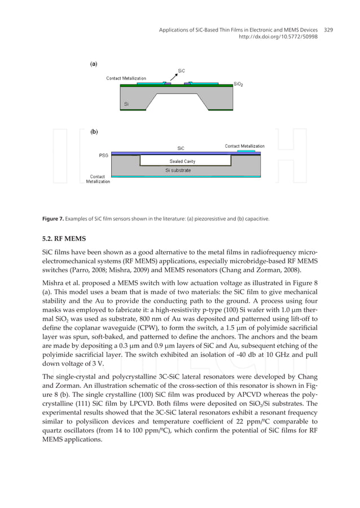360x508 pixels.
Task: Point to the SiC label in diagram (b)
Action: pyautogui.click(x=181, y=148)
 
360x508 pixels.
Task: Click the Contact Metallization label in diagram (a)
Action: pyautogui.click(x=126, y=78)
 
